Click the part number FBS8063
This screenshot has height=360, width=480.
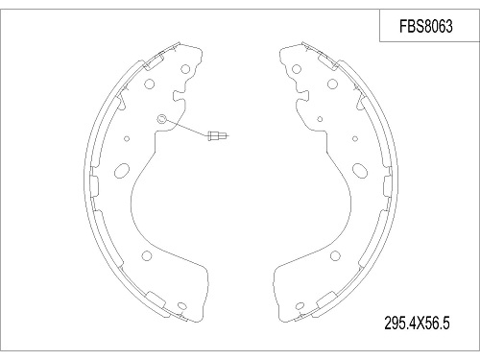(426, 26)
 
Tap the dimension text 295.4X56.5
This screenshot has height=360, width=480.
(417, 323)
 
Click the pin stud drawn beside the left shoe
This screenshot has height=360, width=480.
(218, 135)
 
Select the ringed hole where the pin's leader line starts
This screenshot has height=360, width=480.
(162, 119)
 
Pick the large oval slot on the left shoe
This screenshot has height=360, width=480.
(122, 171)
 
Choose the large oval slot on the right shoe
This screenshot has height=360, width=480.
(360, 171)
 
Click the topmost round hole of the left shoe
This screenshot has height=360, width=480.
(185, 69)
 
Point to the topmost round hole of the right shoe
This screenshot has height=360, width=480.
(297, 69)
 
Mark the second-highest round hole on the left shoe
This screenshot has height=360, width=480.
(150, 84)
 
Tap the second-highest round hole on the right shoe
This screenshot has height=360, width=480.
(332, 84)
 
